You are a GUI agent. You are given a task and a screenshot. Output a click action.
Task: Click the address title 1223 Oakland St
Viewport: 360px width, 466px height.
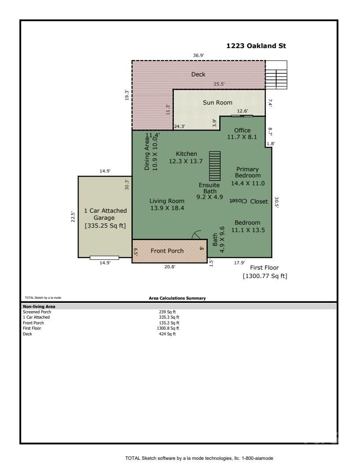point(256,46)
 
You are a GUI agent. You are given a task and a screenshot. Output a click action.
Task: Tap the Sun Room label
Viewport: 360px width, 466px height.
point(217,102)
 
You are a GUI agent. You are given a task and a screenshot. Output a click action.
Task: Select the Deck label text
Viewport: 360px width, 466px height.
point(198,75)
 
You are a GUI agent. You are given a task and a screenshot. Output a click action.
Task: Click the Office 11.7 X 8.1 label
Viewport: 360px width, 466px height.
point(242,134)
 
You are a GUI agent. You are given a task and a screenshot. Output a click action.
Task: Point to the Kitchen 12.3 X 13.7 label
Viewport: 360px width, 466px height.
point(186,158)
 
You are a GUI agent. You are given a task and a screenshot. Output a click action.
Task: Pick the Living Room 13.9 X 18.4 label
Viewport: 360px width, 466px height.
point(167,204)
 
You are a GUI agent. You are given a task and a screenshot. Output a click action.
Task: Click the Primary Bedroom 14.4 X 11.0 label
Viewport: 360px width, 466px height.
point(247,176)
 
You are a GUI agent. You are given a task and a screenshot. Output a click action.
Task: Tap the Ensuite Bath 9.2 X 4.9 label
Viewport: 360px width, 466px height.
point(209,191)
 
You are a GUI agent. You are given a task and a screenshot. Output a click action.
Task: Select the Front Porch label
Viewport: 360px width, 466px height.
point(167,251)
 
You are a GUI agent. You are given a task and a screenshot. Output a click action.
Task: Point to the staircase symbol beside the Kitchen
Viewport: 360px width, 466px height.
point(214,165)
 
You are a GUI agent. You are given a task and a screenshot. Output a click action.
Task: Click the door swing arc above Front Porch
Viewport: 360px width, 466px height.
point(197,236)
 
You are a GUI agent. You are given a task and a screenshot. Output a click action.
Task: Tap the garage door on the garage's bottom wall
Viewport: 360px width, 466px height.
point(104,258)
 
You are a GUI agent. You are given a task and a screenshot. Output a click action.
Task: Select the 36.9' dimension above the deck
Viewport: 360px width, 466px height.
point(199,56)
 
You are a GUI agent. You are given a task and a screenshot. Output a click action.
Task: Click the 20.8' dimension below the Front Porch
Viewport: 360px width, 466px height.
point(169,267)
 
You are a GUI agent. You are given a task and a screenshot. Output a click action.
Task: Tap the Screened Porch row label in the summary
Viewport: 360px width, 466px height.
point(34,312)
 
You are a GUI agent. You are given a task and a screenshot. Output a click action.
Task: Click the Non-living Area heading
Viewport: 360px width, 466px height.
point(39,306)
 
